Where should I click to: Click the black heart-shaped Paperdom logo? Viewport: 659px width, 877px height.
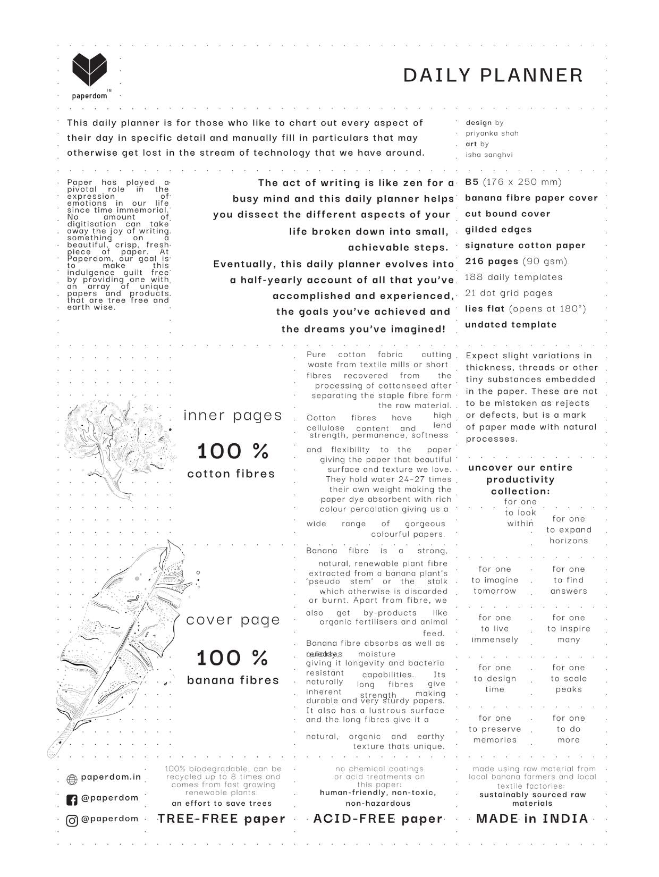click(x=89, y=70)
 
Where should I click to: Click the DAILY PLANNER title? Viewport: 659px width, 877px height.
click(x=493, y=75)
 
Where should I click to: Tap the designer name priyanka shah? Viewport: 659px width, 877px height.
click(x=492, y=133)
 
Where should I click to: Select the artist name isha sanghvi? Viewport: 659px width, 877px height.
click(x=489, y=155)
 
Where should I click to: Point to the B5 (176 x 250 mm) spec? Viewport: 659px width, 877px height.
click(x=513, y=182)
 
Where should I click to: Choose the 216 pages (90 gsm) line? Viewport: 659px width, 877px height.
click(x=516, y=261)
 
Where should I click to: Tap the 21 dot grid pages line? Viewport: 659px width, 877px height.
click(x=509, y=293)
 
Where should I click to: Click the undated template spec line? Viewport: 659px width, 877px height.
click(x=511, y=324)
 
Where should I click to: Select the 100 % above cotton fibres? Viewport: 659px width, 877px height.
click(x=233, y=451)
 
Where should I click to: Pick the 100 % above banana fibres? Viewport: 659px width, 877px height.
click(x=232, y=658)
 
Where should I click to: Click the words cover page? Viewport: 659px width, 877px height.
click(x=233, y=620)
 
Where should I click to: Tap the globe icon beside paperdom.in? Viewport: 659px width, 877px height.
click(x=72, y=779)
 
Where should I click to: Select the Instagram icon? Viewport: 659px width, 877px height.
click(x=72, y=820)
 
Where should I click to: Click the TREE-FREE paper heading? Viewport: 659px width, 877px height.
click(x=222, y=819)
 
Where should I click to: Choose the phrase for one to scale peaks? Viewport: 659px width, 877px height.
click(x=569, y=678)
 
